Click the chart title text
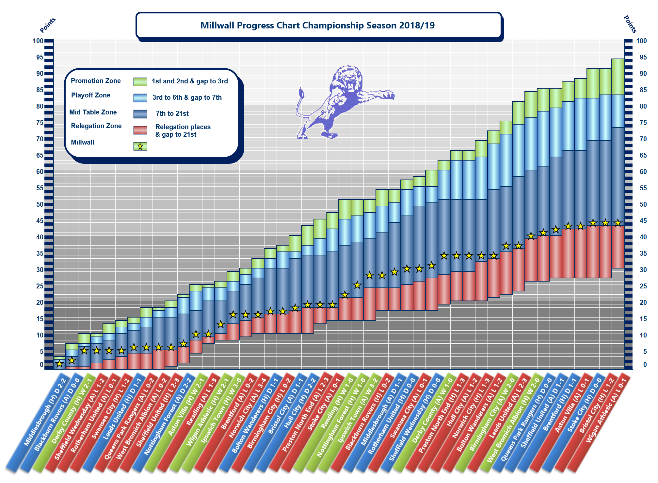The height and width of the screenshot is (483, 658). click(x=317, y=26)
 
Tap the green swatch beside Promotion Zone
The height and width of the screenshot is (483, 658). click(x=140, y=82)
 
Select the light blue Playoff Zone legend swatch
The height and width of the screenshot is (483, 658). click(x=140, y=98)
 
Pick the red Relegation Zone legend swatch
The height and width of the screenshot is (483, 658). click(x=140, y=130)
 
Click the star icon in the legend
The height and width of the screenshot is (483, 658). click(x=140, y=147)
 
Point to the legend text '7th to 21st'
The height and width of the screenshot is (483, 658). click(x=172, y=113)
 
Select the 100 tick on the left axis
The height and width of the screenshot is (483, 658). click(x=38, y=41)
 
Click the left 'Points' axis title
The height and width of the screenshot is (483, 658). click(x=48, y=25)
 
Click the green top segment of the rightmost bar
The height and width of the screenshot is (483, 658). click(x=618, y=77)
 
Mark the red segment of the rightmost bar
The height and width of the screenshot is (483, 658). click(x=618, y=247)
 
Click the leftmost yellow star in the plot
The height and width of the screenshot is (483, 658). click(x=59, y=364)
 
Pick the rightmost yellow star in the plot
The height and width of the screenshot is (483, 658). click(x=618, y=223)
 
